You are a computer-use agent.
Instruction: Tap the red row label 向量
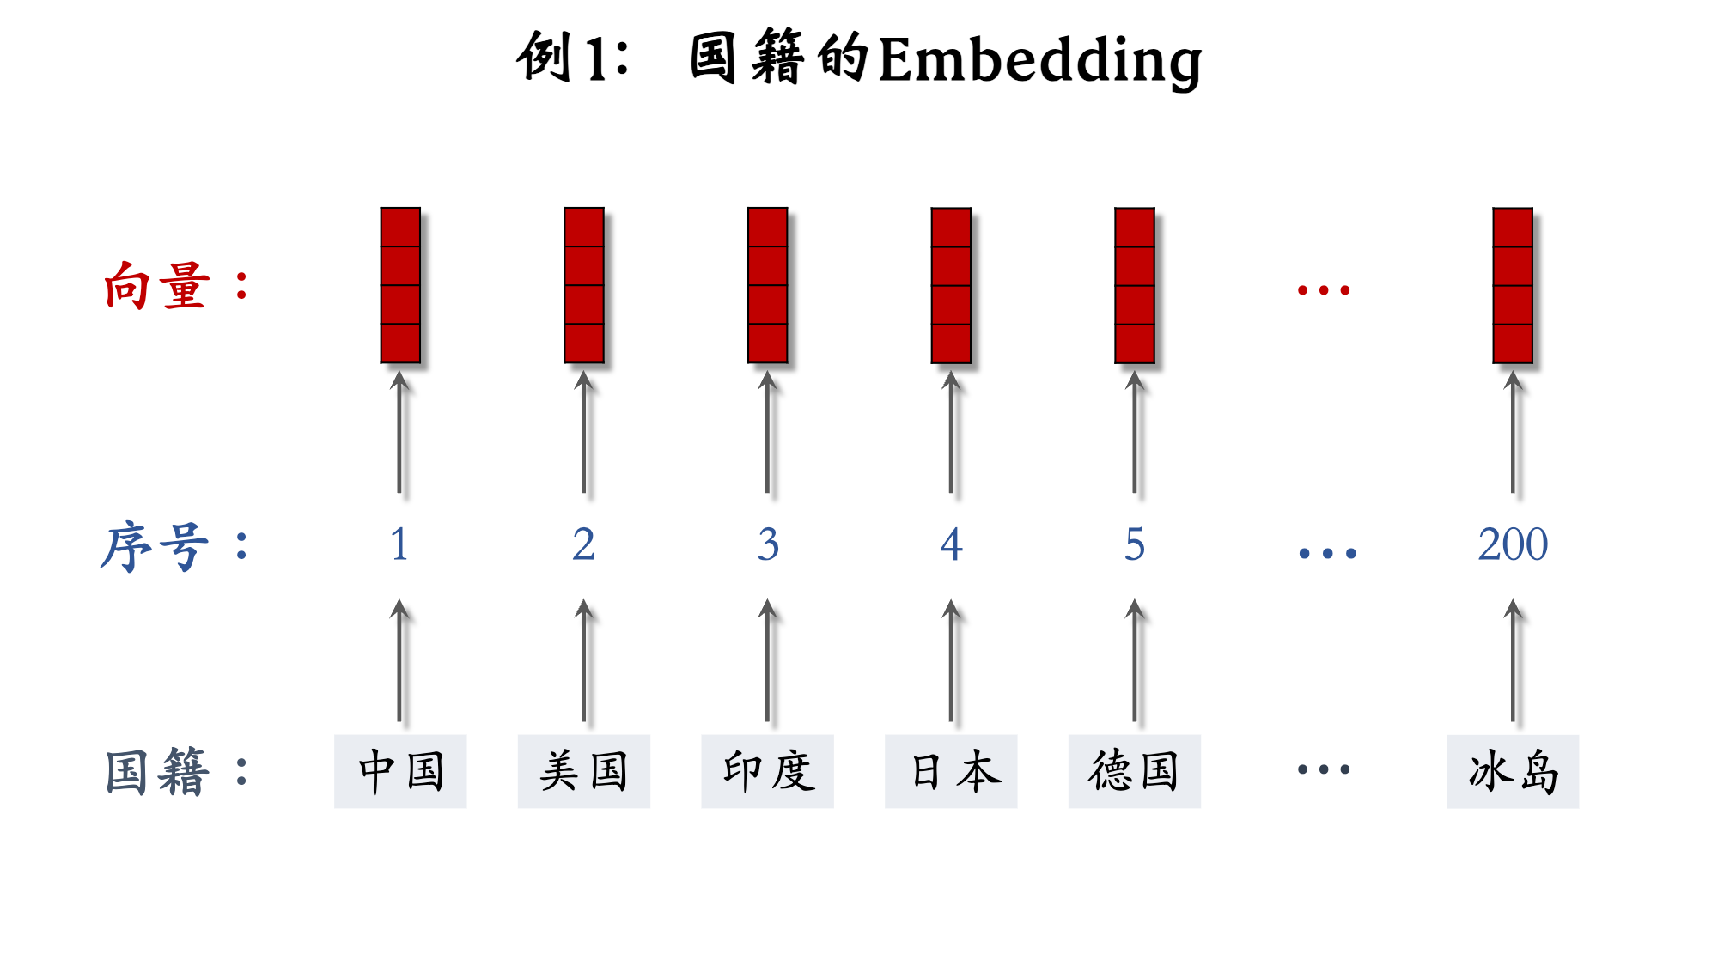coord(156,286)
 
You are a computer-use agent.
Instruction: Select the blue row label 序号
coord(155,546)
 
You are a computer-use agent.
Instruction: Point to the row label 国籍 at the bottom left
coord(156,771)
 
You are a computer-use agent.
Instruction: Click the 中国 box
coord(400,771)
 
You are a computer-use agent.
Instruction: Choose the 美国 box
coord(584,771)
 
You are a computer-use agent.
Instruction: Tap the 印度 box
coord(767,771)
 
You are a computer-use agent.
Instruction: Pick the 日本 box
coord(951,771)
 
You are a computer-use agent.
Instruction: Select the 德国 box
coord(1135,771)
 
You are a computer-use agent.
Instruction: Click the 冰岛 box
coord(1513,771)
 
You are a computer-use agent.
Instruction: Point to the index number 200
coord(1513,544)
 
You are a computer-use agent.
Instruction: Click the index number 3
coord(768,544)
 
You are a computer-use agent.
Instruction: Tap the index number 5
coord(1135,544)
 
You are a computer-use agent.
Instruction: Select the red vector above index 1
coord(400,285)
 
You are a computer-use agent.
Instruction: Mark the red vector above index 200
coord(1513,285)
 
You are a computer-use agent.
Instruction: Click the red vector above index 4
coord(951,285)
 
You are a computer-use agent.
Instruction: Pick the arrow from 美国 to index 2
coord(584,661)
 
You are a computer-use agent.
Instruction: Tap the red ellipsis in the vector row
coord(1324,290)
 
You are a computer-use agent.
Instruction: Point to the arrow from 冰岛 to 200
coord(1513,661)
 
